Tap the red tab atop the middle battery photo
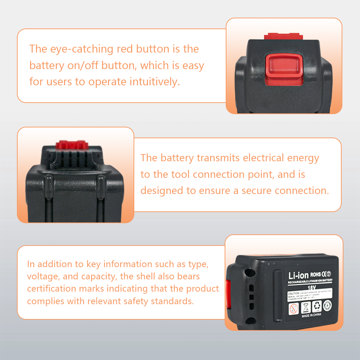(72, 145)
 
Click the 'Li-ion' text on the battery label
(298, 275)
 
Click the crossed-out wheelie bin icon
(305, 307)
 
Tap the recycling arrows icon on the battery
(316, 306)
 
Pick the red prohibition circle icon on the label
(294, 308)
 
